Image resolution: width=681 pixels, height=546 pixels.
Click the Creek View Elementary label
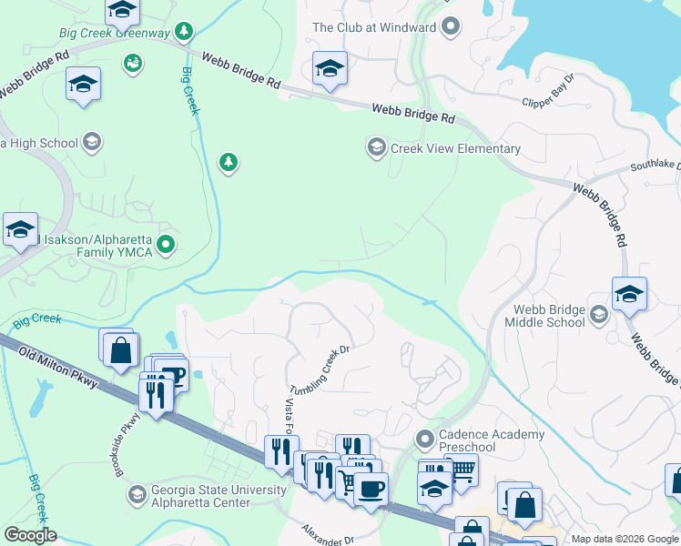pyautogui.click(x=455, y=148)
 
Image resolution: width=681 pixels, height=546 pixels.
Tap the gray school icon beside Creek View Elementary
pyautogui.click(x=375, y=147)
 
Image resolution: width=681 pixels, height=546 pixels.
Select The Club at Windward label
pyautogui.click(x=373, y=27)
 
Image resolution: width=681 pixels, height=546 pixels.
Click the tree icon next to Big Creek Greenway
pyautogui.click(x=185, y=33)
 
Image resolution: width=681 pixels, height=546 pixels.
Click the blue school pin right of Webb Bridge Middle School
pyautogui.click(x=629, y=295)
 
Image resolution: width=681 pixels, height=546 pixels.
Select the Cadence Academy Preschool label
pyautogui.click(x=492, y=440)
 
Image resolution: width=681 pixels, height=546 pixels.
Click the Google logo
pyautogui.click(x=29, y=535)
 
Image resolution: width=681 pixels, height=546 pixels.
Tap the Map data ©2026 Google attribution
pyautogui.click(x=625, y=539)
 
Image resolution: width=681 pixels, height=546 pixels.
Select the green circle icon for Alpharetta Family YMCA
pyautogui.click(x=165, y=244)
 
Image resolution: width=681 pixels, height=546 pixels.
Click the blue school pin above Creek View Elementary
pyautogui.click(x=329, y=68)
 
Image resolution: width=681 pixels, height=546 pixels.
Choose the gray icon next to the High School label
pyautogui.click(x=91, y=142)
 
